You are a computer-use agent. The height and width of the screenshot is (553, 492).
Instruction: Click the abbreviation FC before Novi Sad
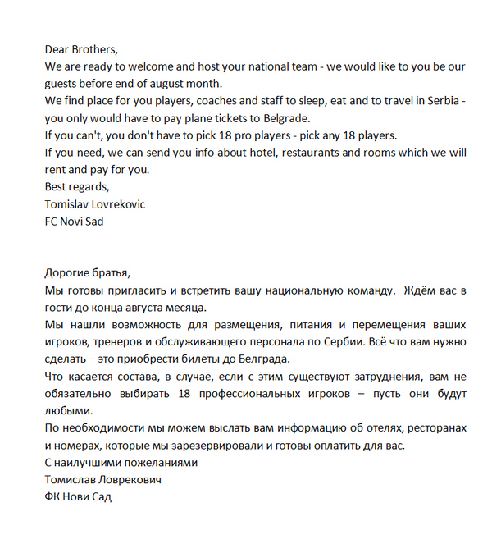53,221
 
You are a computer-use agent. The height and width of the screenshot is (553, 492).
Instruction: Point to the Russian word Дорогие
70,272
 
